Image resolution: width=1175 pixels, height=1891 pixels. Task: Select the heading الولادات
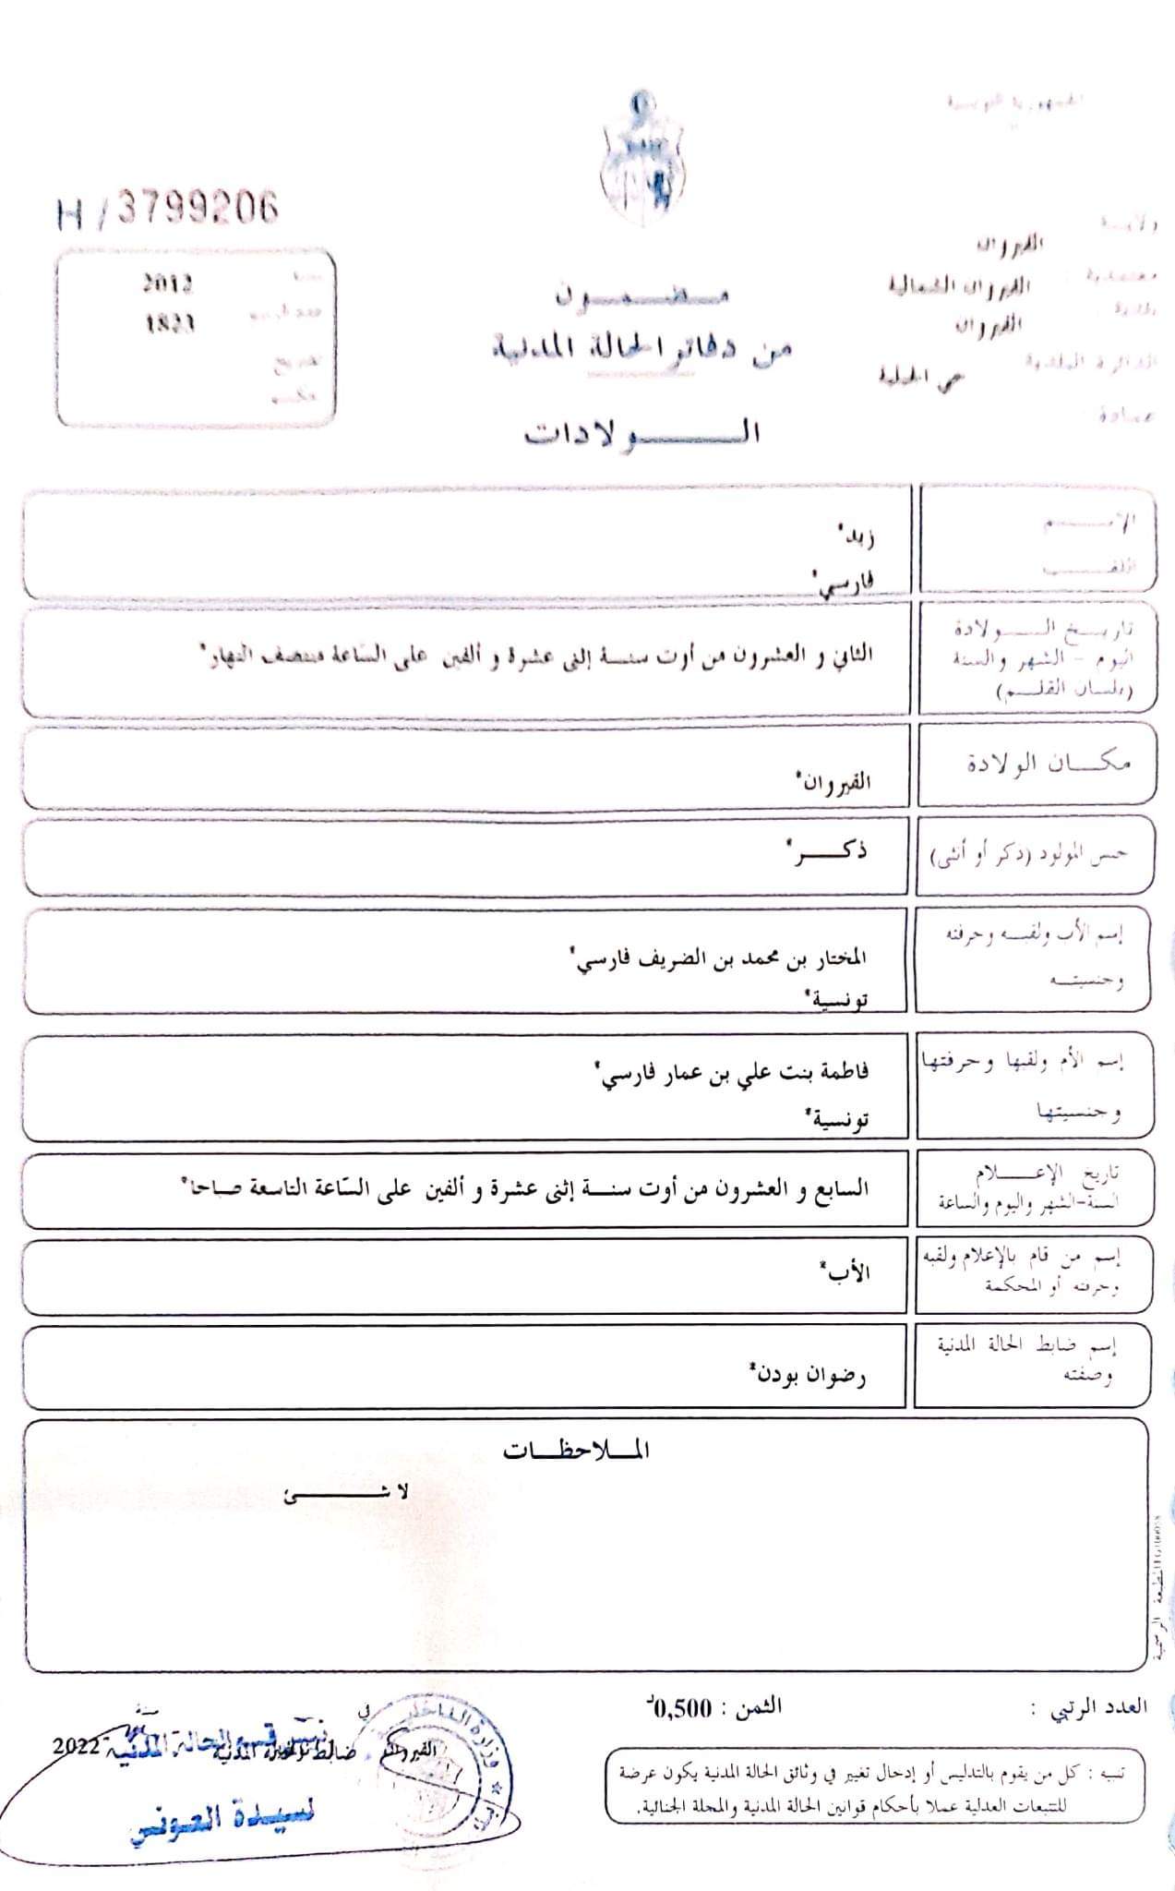point(642,432)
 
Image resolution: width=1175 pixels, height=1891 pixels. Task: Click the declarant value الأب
point(847,1272)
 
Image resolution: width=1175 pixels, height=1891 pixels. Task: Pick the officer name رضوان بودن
point(809,1375)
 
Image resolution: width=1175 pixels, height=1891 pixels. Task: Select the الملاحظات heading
point(577,1451)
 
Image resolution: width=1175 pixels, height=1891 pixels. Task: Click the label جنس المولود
point(1028,855)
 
